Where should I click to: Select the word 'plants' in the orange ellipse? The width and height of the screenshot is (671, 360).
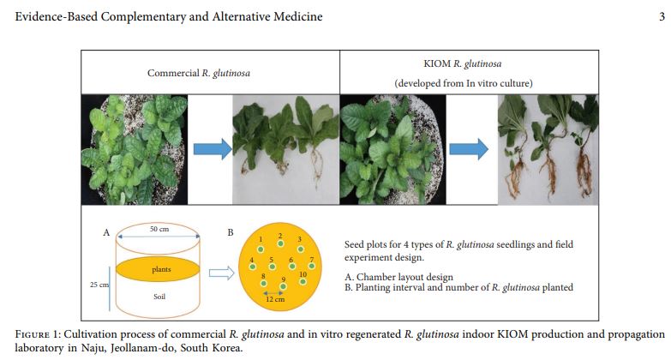pyautogui.click(x=161, y=269)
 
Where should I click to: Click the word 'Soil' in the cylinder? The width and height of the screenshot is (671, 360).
pyautogui.click(x=160, y=297)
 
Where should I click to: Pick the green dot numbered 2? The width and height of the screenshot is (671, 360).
pyautogui.click(x=279, y=243)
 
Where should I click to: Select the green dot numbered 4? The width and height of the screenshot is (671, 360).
pyautogui.click(x=252, y=267)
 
